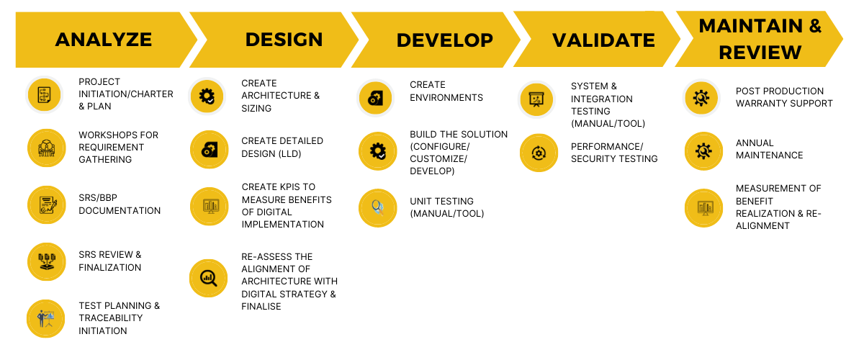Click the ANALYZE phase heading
coord(104,40)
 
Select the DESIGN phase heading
coord(284,40)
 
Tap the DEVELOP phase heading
coord(445,40)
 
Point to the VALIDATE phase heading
coord(603,40)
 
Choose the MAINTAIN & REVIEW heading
coord(760,39)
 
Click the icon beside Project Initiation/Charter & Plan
coord(45,94)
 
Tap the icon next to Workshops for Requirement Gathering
coord(46,148)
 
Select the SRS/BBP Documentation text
coord(120,204)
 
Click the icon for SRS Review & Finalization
coord(46,261)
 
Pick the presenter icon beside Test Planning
coord(46,319)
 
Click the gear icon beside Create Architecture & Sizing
coord(207,96)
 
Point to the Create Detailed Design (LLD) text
coord(282,148)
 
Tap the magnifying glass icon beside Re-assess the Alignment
coord(208,278)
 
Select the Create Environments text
coord(446,91)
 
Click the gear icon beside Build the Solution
coord(377,151)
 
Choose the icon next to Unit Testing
coord(377,208)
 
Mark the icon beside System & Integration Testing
coord(536,99)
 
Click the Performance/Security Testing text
coord(614,153)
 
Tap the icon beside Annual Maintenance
coord(703,151)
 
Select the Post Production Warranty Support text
coord(784,97)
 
